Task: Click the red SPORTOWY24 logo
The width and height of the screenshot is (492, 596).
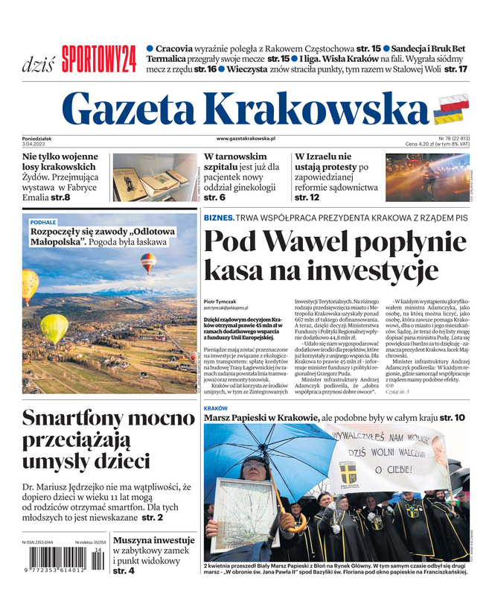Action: [98, 59]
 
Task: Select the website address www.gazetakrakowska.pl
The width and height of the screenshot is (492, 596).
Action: [246, 139]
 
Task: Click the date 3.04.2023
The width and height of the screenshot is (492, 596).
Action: [38, 144]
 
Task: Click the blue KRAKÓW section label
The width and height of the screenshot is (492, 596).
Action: [215, 409]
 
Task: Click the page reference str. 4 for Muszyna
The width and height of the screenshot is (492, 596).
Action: [124, 571]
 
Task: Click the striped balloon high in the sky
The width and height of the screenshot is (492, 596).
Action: [149, 261]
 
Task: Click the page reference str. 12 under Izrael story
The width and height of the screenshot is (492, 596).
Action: [307, 197]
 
